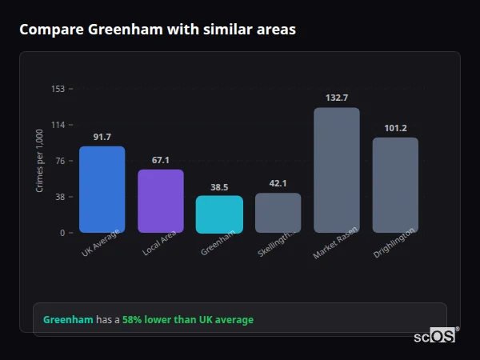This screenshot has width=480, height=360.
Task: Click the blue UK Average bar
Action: (102, 190)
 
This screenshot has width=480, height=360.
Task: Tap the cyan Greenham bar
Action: (219, 214)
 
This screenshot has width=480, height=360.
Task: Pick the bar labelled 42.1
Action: (278, 213)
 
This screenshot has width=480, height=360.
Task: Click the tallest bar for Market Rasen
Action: (337, 170)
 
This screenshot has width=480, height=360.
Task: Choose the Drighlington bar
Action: (395, 185)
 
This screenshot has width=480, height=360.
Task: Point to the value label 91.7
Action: (102, 137)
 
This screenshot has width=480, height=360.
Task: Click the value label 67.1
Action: (161, 160)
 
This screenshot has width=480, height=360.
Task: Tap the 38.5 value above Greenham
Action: (219, 187)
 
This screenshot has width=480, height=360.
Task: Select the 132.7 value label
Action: (337, 98)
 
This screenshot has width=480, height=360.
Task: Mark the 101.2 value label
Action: (395, 128)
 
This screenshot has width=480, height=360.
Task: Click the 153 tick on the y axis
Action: (58, 89)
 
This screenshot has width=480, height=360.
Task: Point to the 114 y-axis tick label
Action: (58, 125)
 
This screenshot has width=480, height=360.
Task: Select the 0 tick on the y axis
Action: (62, 233)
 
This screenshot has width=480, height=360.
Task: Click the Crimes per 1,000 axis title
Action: (39, 161)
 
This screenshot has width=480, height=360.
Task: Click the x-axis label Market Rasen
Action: (335, 242)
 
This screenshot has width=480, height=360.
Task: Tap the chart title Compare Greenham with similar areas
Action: (158, 30)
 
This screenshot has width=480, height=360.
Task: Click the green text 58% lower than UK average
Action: (188, 320)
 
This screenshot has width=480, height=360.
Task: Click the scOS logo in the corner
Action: (434, 336)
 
